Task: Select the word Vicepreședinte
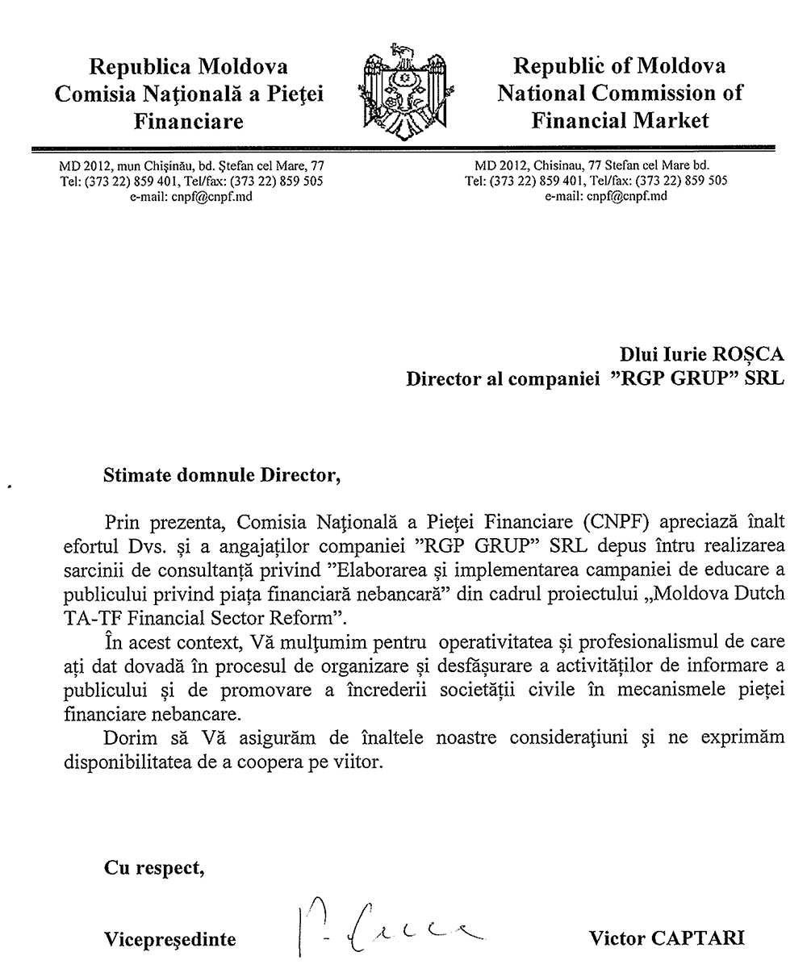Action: [x=170, y=939]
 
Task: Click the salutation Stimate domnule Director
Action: [x=217, y=475]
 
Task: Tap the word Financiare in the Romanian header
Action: [x=189, y=122]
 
